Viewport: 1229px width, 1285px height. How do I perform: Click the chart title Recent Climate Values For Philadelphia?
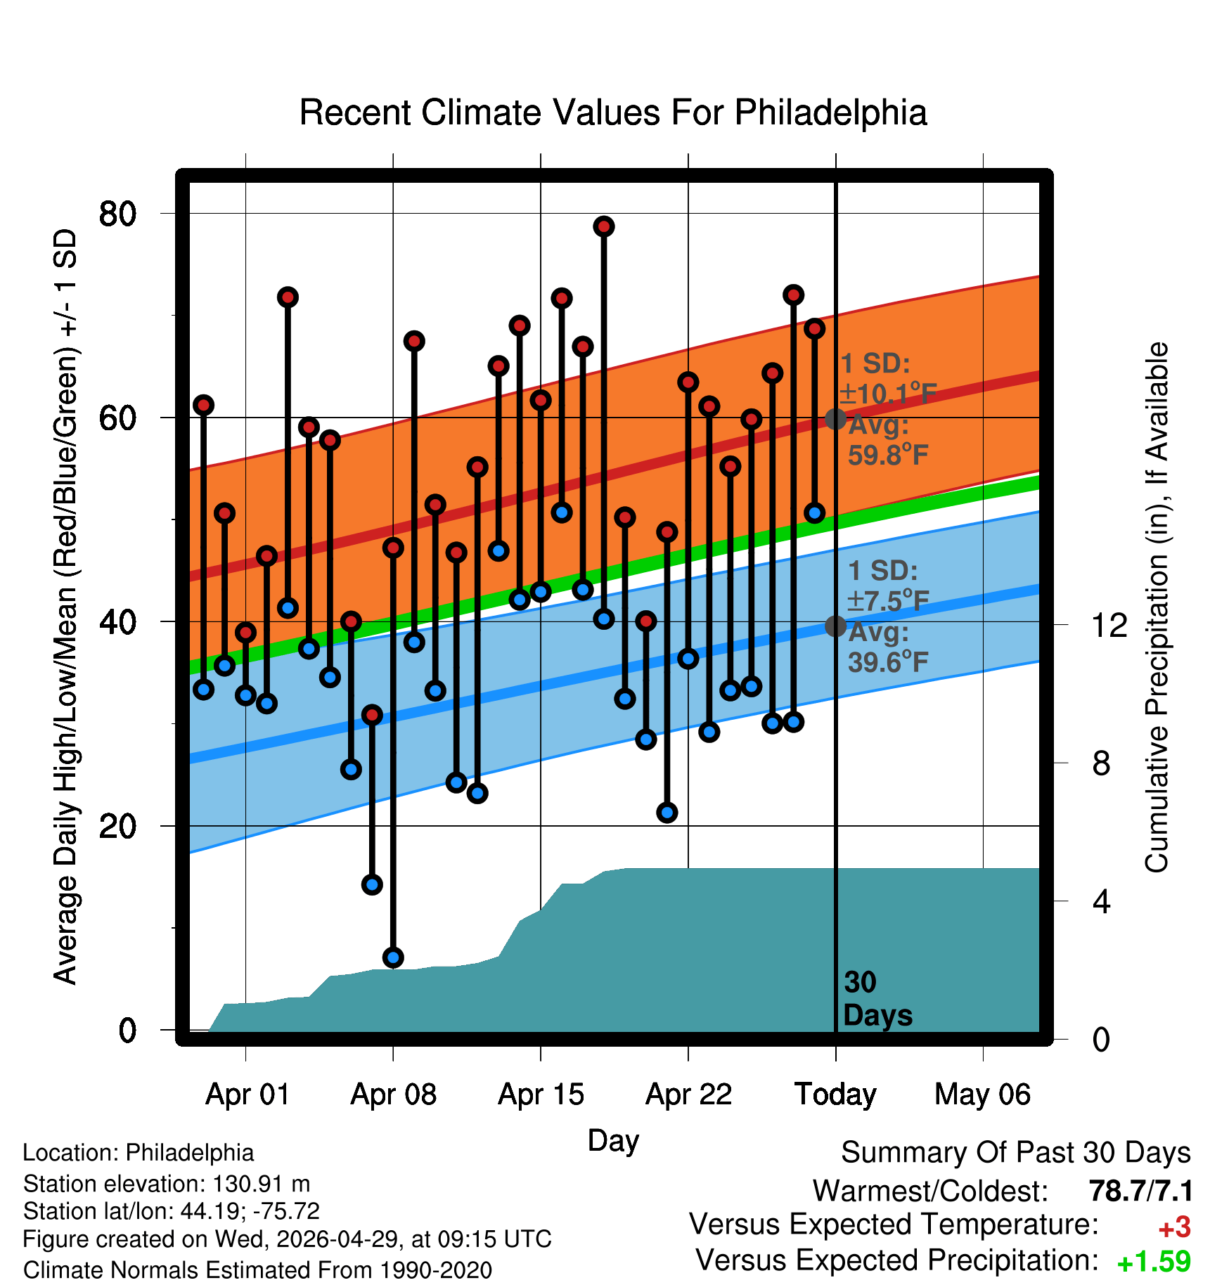613,112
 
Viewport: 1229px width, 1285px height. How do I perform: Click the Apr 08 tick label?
393,1094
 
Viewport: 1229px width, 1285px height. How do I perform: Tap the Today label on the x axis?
835,1094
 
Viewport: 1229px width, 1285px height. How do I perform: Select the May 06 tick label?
982,1094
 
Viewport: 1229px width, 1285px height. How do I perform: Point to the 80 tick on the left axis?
117,213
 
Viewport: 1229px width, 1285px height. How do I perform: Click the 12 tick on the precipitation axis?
1109,625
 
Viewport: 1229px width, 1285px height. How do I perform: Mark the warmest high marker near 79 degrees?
604,226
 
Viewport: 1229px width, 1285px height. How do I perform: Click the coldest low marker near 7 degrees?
393,957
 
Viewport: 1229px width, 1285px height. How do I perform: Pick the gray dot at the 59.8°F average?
835,419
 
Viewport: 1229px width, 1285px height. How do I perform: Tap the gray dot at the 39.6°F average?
835,626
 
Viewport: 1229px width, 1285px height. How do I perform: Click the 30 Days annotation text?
877,999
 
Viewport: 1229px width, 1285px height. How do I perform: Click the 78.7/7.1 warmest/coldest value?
1140,1192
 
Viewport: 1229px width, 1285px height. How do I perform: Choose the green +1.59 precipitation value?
1154,1262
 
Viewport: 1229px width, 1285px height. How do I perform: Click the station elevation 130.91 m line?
167,1184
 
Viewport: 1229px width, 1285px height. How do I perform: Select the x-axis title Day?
613,1141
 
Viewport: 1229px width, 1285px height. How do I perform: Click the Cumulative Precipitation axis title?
1157,607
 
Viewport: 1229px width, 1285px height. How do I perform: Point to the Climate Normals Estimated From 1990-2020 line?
257,1270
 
